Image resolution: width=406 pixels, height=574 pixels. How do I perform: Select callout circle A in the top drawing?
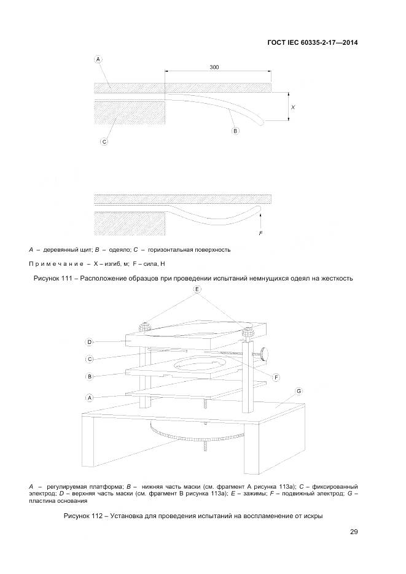click(98, 59)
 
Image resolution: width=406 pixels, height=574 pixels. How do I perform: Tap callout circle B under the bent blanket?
click(235, 131)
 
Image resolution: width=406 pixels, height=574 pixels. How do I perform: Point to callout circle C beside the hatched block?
click(104, 142)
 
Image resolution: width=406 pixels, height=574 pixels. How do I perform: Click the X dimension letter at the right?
click(293, 107)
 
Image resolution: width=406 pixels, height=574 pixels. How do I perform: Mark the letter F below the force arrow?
click(262, 234)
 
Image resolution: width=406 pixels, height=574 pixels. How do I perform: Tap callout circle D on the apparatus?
click(89, 342)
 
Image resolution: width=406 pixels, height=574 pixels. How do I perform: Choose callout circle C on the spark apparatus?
click(89, 359)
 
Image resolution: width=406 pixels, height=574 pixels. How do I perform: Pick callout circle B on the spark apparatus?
click(89, 376)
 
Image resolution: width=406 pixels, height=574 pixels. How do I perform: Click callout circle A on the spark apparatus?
click(89, 398)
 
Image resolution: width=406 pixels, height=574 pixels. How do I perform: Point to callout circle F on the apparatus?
click(276, 376)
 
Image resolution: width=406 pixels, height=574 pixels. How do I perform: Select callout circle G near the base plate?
click(299, 391)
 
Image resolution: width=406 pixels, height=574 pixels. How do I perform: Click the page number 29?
click(354, 532)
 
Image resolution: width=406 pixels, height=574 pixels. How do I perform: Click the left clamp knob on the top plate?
click(146, 327)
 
